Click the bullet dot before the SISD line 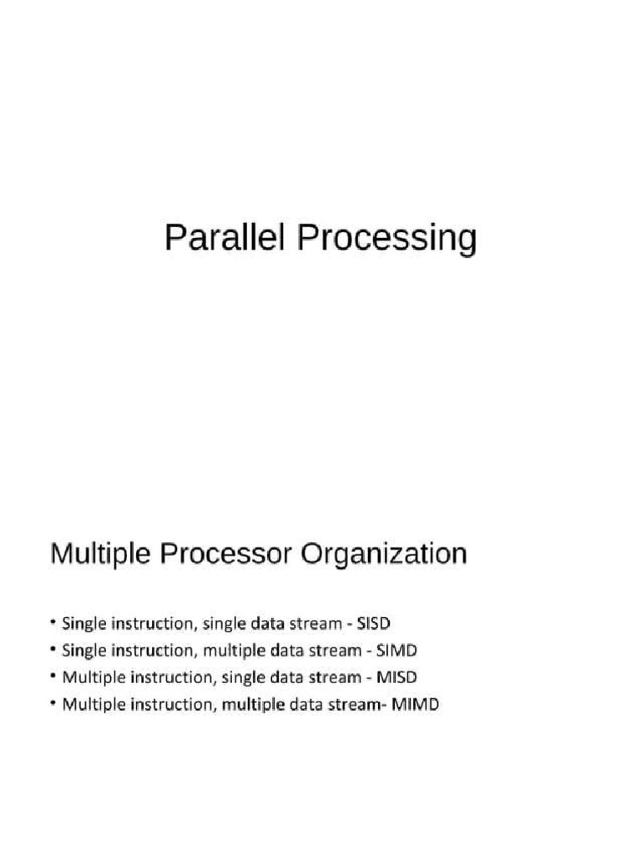pyautogui.click(x=53, y=622)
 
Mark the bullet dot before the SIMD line pyautogui.click(x=53, y=650)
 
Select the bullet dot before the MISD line pyautogui.click(x=53, y=676)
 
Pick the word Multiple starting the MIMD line pyautogui.click(x=88, y=704)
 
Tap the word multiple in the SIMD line pyautogui.click(x=232, y=650)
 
